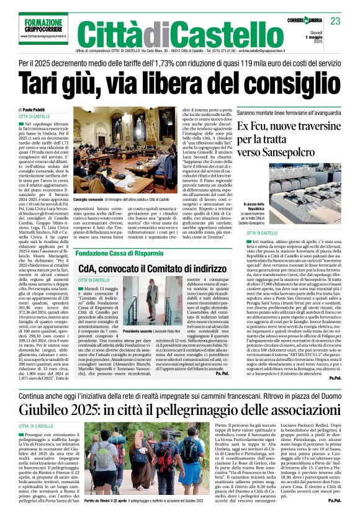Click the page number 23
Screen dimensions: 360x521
pos(335,20)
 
